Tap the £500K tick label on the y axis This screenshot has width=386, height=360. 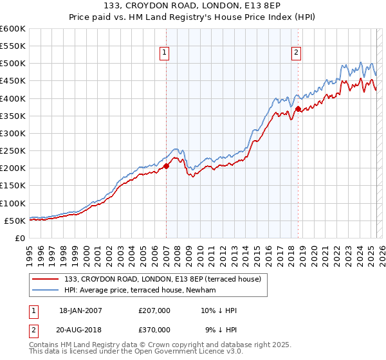[12, 64]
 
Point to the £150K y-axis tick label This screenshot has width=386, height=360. [12, 185]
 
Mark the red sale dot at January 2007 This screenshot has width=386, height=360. [166, 166]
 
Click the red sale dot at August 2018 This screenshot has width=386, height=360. [298, 109]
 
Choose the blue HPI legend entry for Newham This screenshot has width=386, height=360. [142, 291]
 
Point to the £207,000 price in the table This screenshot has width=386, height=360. [154, 310]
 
